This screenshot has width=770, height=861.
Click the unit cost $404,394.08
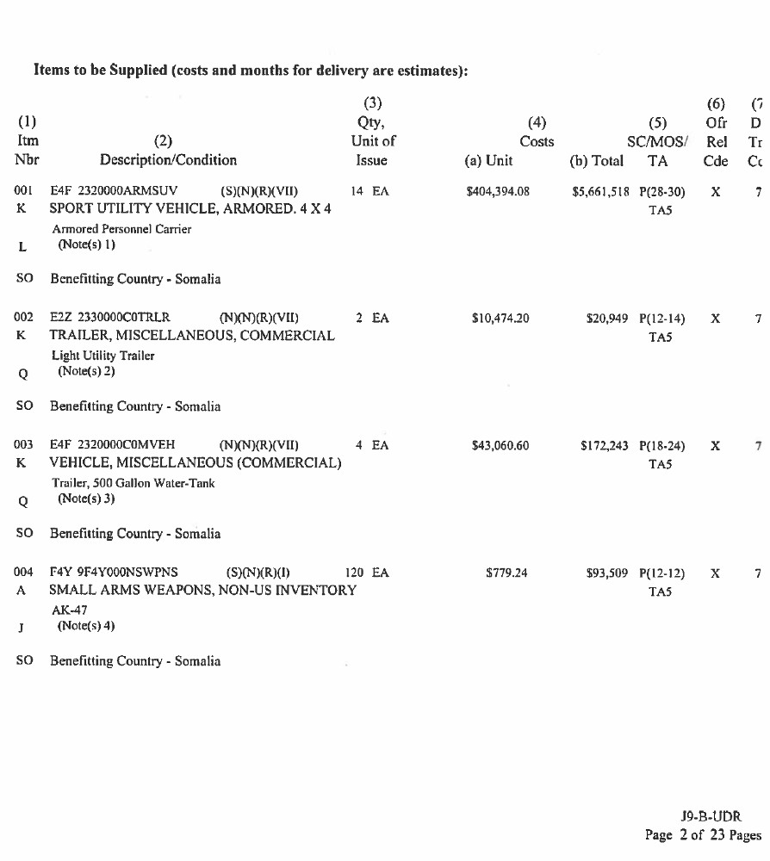[497, 191]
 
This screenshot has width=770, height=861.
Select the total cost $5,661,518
[601, 191]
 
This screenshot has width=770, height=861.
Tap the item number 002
[23, 319]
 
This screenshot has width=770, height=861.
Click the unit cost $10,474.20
[500, 319]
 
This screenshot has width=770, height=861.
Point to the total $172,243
[605, 446]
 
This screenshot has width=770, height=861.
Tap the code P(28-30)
[662, 191]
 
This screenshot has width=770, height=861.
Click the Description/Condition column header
[168, 160]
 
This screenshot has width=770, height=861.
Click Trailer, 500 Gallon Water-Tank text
[134, 483]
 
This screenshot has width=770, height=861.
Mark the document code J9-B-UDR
[711, 816]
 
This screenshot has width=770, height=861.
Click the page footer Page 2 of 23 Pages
[703, 835]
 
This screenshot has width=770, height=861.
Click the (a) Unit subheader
[488, 160]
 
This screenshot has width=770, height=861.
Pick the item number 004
[23, 573]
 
